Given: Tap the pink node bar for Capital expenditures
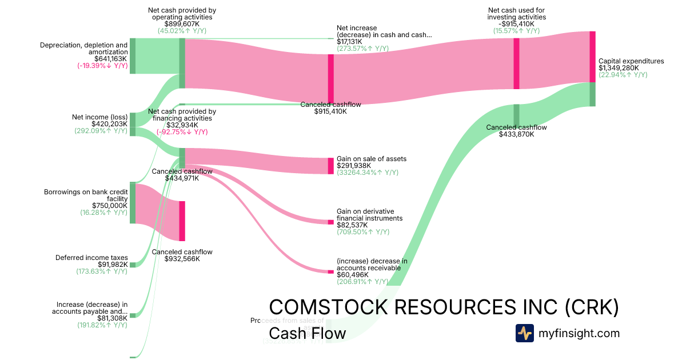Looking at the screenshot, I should point(593,57).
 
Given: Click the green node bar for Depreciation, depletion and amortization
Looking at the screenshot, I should point(133,56).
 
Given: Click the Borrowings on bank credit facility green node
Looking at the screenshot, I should point(133,203).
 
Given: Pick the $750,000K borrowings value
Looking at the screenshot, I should point(110,206).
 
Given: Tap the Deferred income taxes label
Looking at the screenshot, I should point(91,258).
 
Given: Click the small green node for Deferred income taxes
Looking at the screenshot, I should point(133,265).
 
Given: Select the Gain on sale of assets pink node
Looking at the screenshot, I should point(330,166).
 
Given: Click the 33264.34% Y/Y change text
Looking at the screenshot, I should point(368,173).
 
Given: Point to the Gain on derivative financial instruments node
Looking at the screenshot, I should point(330,222).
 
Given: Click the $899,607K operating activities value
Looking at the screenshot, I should point(182,24).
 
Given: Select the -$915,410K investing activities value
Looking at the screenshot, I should point(517,24).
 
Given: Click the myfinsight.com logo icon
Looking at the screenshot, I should point(524,333).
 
